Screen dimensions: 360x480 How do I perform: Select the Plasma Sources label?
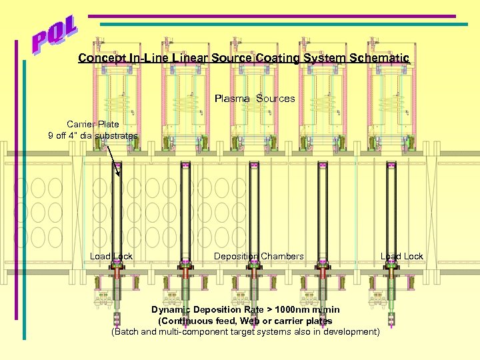coord(255,99)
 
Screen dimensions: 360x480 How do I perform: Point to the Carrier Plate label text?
coord(93,124)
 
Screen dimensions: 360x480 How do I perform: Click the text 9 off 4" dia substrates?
coord(93,136)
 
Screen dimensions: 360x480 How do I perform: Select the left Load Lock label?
coord(111,257)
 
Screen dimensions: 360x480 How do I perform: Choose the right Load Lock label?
coord(401,257)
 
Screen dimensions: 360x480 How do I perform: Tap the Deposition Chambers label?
coord(259,257)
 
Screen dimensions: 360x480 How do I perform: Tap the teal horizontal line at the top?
coord(280,24)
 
